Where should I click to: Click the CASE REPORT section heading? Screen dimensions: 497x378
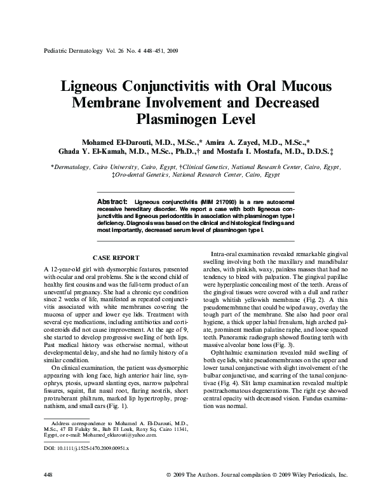click(116, 259)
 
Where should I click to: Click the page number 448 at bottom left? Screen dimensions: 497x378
click(47, 475)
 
